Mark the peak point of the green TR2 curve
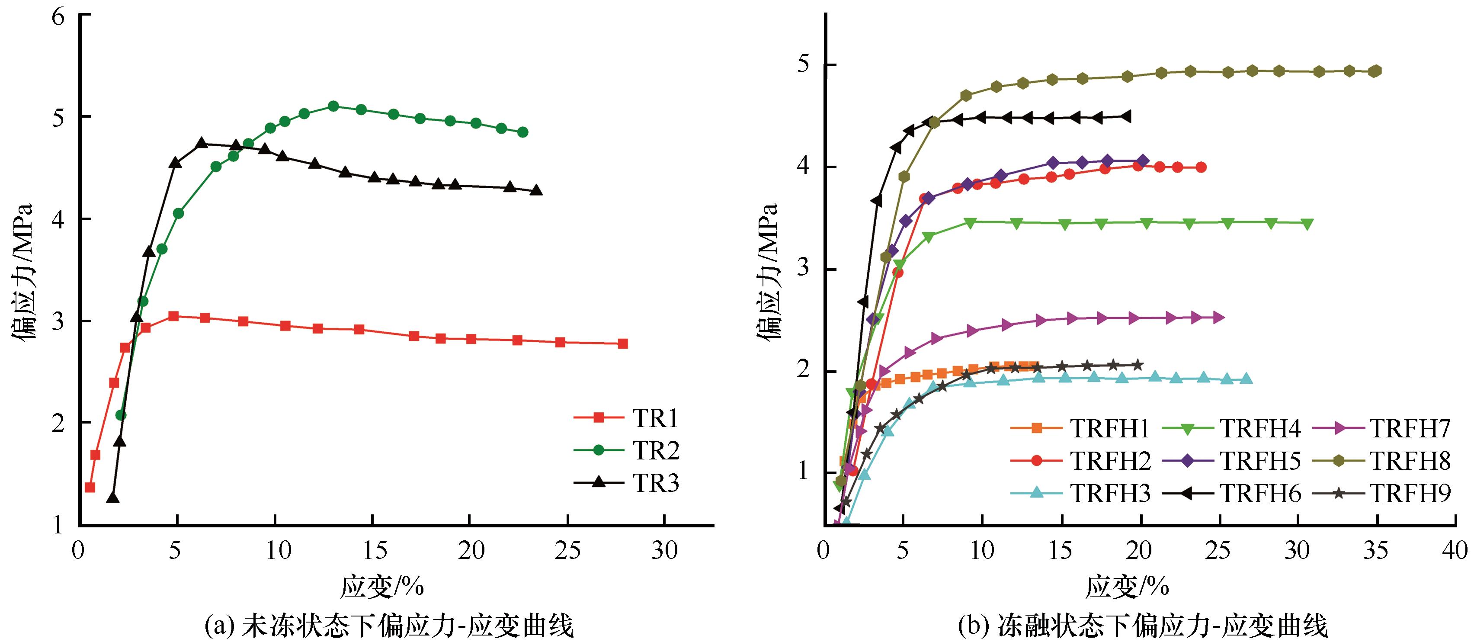[333, 106]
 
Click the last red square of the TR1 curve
[622, 344]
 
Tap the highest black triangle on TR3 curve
[202, 143]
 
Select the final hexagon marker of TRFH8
[1375, 71]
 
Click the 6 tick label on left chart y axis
[58, 16]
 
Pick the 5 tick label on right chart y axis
[802, 64]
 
